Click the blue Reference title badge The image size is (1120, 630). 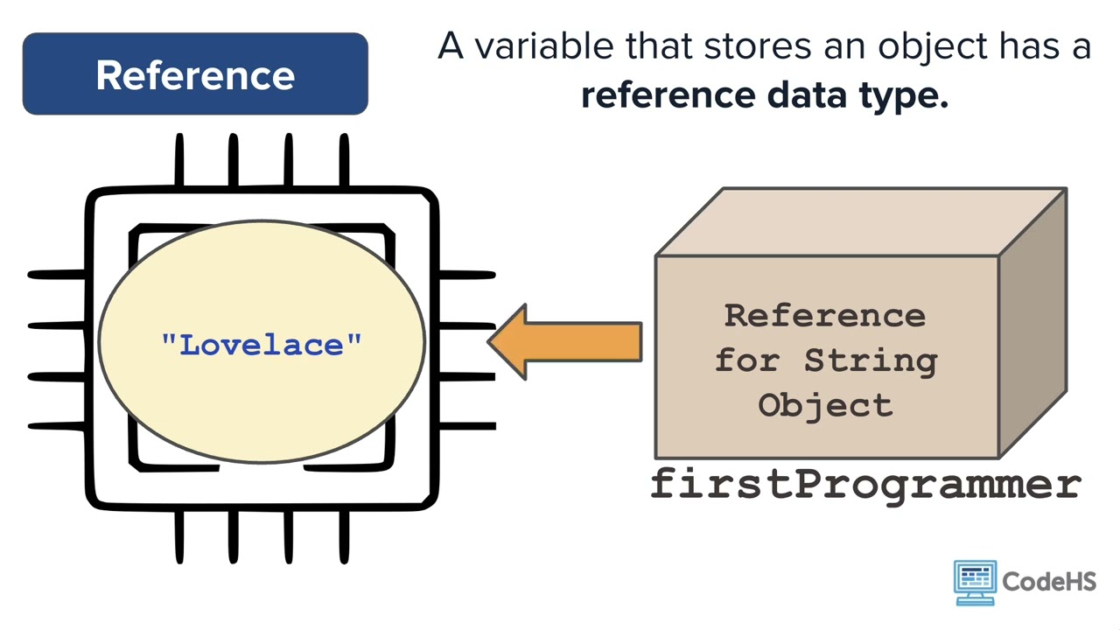point(195,74)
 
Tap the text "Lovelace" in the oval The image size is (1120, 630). point(262,344)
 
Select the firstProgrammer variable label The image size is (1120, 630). point(865,484)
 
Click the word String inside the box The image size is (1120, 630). point(870,360)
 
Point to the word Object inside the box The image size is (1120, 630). point(825,405)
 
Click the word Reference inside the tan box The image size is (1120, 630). point(824,315)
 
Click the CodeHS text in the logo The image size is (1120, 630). point(1048,581)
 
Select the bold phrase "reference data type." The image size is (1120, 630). point(764,95)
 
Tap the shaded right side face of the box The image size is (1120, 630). point(1032,324)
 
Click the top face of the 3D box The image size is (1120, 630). point(862,221)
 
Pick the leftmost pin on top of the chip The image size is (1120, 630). point(178,160)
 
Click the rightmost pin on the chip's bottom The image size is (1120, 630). point(344,536)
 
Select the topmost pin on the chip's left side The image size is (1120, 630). point(57,275)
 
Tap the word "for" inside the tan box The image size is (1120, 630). point(747,360)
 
